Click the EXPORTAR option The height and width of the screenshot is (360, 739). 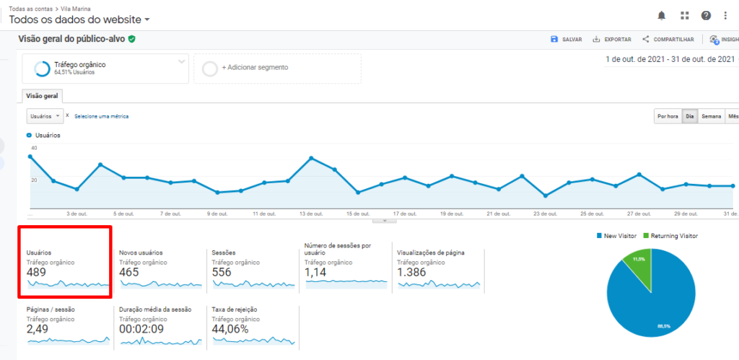(x=612, y=40)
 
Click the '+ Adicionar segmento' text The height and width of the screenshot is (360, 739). (x=255, y=67)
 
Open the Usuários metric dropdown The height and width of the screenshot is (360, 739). (x=45, y=115)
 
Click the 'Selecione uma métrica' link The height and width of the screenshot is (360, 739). (x=102, y=116)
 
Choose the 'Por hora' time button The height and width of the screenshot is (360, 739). (x=667, y=116)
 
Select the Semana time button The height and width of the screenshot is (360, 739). (x=712, y=116)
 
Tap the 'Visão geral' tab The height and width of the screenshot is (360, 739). (x=42, y=96)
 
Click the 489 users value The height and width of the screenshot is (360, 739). (x=36, y=273)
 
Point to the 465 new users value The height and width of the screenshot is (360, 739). (x=129, y=273)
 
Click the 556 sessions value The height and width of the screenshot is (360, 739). (x=222, y=273)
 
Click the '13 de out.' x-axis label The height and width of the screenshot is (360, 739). (x=311, y=214)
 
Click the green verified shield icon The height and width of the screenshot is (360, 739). (x=132, y=39)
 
